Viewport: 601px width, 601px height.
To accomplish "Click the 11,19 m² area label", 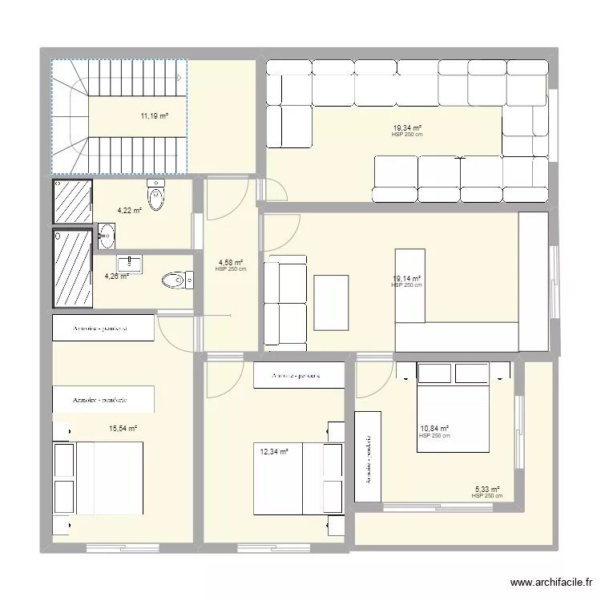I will pos(155,116).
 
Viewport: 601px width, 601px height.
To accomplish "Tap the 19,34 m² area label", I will pos(407,127).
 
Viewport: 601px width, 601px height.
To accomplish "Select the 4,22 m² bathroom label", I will pos(129,211).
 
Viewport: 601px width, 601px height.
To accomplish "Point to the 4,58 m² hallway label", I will pos(231,262).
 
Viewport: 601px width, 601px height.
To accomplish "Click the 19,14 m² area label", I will pos(406,279).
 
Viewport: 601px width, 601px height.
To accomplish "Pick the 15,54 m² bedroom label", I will pos(123,429).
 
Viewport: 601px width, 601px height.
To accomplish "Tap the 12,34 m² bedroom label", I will pos(272,452).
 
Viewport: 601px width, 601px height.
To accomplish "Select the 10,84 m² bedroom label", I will pos(434,430).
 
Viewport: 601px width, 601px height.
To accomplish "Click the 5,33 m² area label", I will pos(487,490).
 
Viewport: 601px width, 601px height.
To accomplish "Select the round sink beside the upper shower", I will pos(107,236).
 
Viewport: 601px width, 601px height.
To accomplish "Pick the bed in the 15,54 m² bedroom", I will pos(98,478).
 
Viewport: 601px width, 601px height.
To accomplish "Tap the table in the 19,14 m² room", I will pos(331,303).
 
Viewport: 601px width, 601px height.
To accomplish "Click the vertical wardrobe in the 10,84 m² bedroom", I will pos(368,458).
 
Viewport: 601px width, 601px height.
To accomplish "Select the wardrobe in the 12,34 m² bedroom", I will pos(299,375).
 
